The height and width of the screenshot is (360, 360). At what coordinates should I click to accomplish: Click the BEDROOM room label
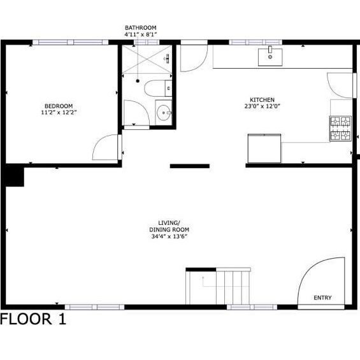tap(59, 106)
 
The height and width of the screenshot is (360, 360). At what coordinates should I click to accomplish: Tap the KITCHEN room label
tap(262, 100)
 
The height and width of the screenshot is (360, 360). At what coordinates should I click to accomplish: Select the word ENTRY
tap(322, 298)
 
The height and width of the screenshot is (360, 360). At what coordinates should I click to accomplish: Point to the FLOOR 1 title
tap(33, 319)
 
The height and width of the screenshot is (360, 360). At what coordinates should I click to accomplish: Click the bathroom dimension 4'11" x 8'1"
tap(141, 34)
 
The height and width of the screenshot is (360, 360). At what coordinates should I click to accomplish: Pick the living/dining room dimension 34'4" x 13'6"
tap(169, 236)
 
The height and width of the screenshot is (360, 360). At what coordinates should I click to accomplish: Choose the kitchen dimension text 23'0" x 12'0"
tap(262, 106)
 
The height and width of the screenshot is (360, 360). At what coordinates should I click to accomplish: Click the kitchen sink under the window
tap(270, 56)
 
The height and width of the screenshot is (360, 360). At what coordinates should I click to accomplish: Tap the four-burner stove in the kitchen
tap(340, 128)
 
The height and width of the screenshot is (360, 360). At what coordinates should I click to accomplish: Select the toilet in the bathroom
tap(158, 88)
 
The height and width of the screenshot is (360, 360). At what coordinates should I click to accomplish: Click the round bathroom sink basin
tap(164, 113)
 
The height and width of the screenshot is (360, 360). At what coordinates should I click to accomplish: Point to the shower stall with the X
tap(147, 59)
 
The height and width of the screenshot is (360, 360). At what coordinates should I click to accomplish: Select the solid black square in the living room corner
tap(15, 176)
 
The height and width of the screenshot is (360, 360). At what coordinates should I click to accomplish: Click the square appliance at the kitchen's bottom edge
tap(264, 148)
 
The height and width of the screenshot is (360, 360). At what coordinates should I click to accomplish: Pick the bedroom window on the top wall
tap(70, 42)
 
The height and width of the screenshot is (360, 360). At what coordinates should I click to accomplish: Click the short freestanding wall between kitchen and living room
tap(190, 166)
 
